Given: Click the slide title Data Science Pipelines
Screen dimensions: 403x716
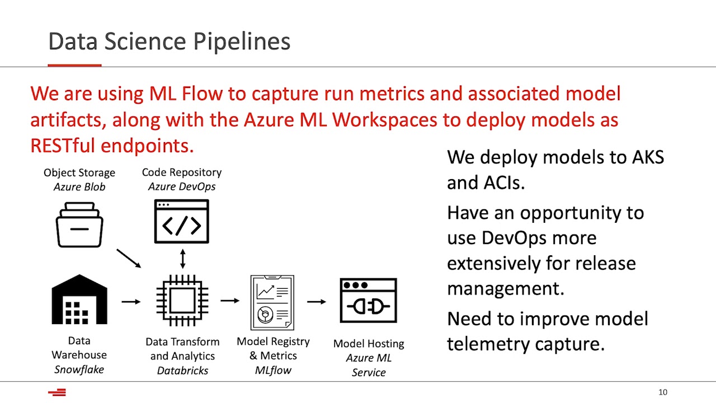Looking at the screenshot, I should [169, 42].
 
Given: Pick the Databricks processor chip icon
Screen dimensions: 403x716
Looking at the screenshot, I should [182, 301].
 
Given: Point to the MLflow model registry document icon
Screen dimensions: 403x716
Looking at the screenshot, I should [272, 302].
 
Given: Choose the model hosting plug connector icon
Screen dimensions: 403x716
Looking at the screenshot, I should [368, 301].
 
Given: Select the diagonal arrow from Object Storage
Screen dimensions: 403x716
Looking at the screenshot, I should [129, 259].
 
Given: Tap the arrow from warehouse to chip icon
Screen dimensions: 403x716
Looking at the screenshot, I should [131, 302].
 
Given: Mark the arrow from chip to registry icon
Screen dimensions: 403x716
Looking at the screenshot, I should [230, 301].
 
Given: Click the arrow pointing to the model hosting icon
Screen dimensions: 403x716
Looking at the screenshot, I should [317, 302].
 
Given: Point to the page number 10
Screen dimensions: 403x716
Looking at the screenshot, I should [663, 392].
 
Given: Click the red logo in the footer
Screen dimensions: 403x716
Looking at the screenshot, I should [57, 392].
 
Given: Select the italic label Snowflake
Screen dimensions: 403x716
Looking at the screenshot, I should [79, 369].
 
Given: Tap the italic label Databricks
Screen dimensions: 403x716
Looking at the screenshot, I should [182, 371].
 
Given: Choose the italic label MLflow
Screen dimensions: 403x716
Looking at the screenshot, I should [273, 370].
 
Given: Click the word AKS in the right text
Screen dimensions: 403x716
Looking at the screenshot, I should [648, 157].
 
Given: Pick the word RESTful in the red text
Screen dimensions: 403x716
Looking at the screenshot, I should [63, 146].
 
